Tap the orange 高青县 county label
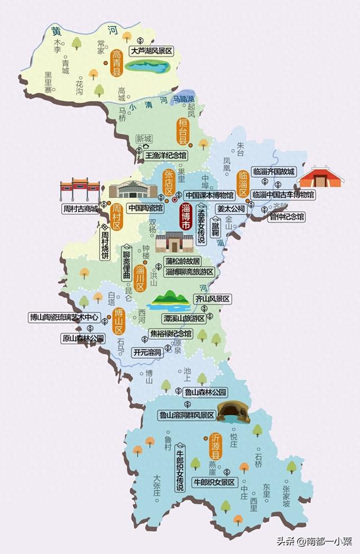click(117, 63)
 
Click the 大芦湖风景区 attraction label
click(151, 51)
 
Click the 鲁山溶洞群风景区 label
click(187, 415)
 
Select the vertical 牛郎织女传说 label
click(180, 466)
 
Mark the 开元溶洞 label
click(147, 353)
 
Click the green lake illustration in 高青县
click(147, 67)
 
